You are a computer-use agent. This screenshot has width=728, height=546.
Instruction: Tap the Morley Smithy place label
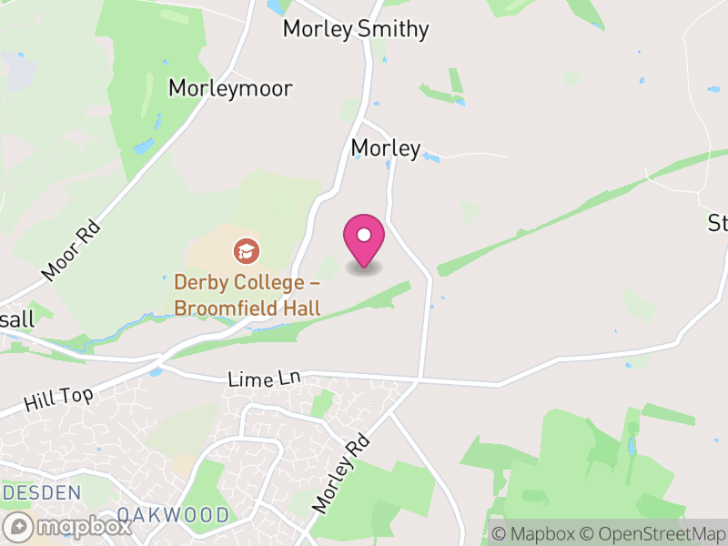pyautogui.click(x=355, y=29)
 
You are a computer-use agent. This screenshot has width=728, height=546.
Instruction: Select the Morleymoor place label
pyautogui.click(x=230, y=88)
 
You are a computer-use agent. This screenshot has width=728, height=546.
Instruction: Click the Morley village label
pyautogui.click(x=386, y=147)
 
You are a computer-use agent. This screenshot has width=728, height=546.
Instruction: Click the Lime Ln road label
pyautogui.click(x=264, y=378)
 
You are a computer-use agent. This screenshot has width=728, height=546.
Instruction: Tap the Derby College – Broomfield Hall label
pyautogui.click(x=248, y=296)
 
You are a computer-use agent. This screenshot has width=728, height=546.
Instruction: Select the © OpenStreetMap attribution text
pyautogui.click(x=653, y=534)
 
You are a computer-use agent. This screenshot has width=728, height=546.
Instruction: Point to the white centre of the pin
pyautogui.click(x=364, y=236)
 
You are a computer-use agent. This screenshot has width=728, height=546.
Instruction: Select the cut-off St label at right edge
pyautogui.click(x=718, y=223)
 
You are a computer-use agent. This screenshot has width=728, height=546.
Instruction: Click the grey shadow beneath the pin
pyautogui.click(x=364, y=268)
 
